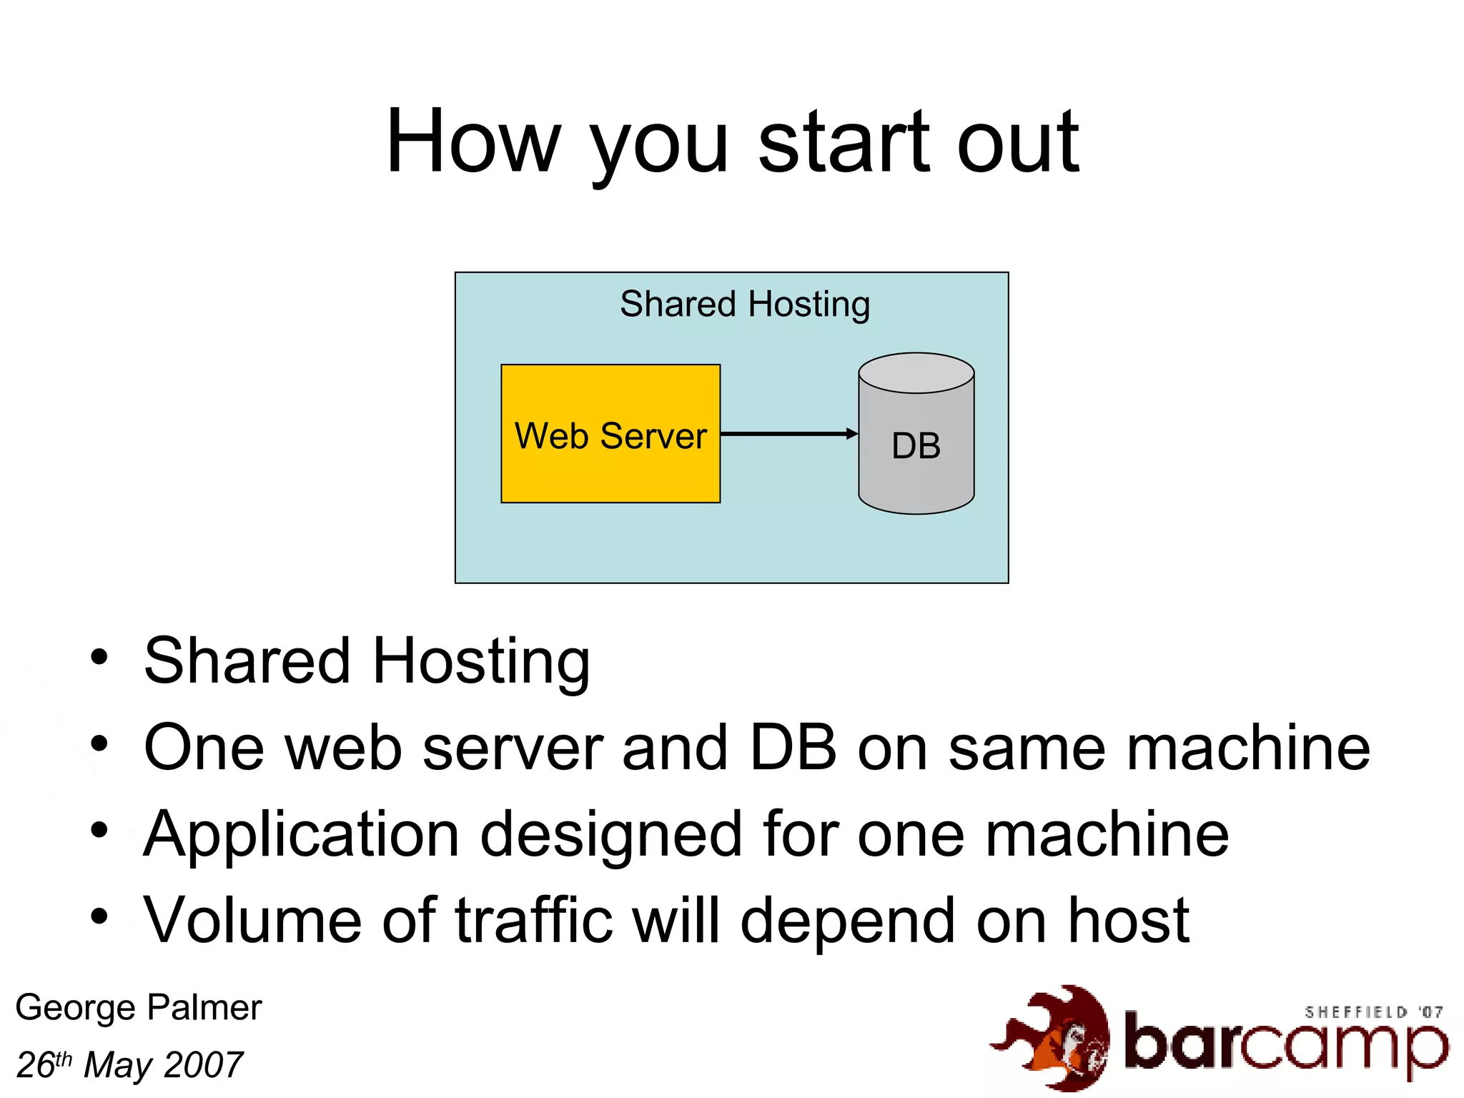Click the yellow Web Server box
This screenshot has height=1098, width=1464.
(610, 433)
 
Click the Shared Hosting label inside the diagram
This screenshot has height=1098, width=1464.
(744, 305)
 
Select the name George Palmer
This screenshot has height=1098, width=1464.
(139, 1008)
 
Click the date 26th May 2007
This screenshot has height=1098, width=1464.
(129, 1065)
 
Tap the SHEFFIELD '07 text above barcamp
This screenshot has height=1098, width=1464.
(1373, 1012)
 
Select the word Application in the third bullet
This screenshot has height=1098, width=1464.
(301, 835)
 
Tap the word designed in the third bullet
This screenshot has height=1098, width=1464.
(611, 835)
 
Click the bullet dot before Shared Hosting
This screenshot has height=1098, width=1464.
(99, 657)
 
